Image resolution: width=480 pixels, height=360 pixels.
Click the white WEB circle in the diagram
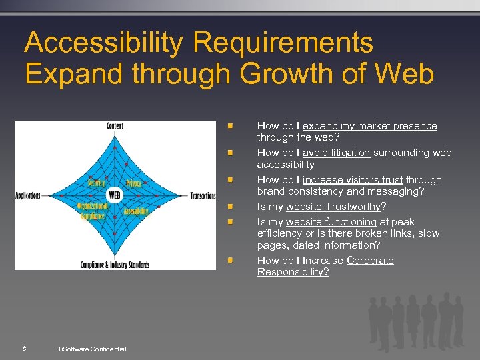[115, 195]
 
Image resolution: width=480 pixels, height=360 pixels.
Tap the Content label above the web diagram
[115, 126]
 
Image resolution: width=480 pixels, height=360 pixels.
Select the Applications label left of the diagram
[28, 196]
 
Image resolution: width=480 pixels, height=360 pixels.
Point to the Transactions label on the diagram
[203, 196]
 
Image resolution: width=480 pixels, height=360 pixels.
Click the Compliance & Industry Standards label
[115, 265]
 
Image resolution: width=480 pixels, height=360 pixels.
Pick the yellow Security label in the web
[96, 182]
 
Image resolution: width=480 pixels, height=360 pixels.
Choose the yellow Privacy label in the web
[133, 182]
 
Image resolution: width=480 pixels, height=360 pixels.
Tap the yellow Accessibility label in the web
[135, 211]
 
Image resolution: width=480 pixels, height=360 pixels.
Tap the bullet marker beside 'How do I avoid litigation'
[229, 153]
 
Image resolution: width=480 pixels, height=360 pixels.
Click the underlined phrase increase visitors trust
[353, 180]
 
